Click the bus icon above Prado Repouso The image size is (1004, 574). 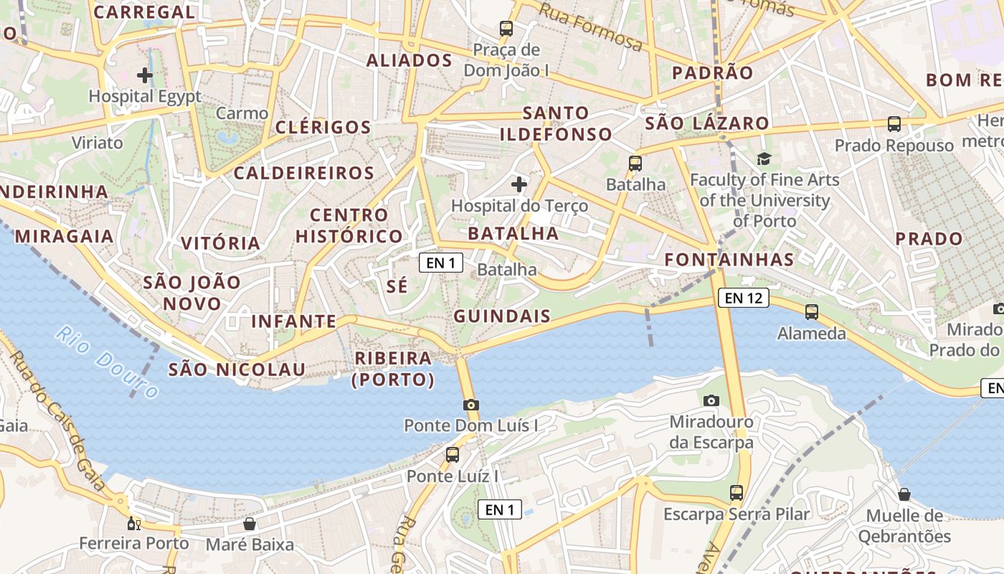click(x=894, y=123)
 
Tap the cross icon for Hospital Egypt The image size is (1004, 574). click(x=145, y=75)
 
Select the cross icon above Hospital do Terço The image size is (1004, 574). click(x=519, y=184)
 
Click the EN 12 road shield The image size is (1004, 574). click(x=743, y=297)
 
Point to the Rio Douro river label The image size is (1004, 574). click(x=107, y=362)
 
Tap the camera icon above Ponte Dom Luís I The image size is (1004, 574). click(x=471, y=405)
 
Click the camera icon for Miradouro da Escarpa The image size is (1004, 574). click(x=711, y=400)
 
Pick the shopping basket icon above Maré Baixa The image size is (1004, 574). click(x=250, y=524)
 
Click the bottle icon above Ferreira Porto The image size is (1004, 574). click(x=133, y=523)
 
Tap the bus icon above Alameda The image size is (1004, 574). click(x=812, y=312)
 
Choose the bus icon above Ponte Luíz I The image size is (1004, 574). click(x=453, y=454)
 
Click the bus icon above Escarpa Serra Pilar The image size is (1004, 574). click(x=737, y=493)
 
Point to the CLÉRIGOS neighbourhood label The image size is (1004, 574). click(x=323, y=128)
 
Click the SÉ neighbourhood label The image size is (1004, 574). click(x=397, y=286)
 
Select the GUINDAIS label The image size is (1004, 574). click(x=502, y=316)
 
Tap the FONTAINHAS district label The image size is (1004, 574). click(x=729, y=260)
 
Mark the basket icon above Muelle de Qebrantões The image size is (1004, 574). click(x=904, y=494)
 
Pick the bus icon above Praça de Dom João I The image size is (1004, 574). click(x=506, y=29)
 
